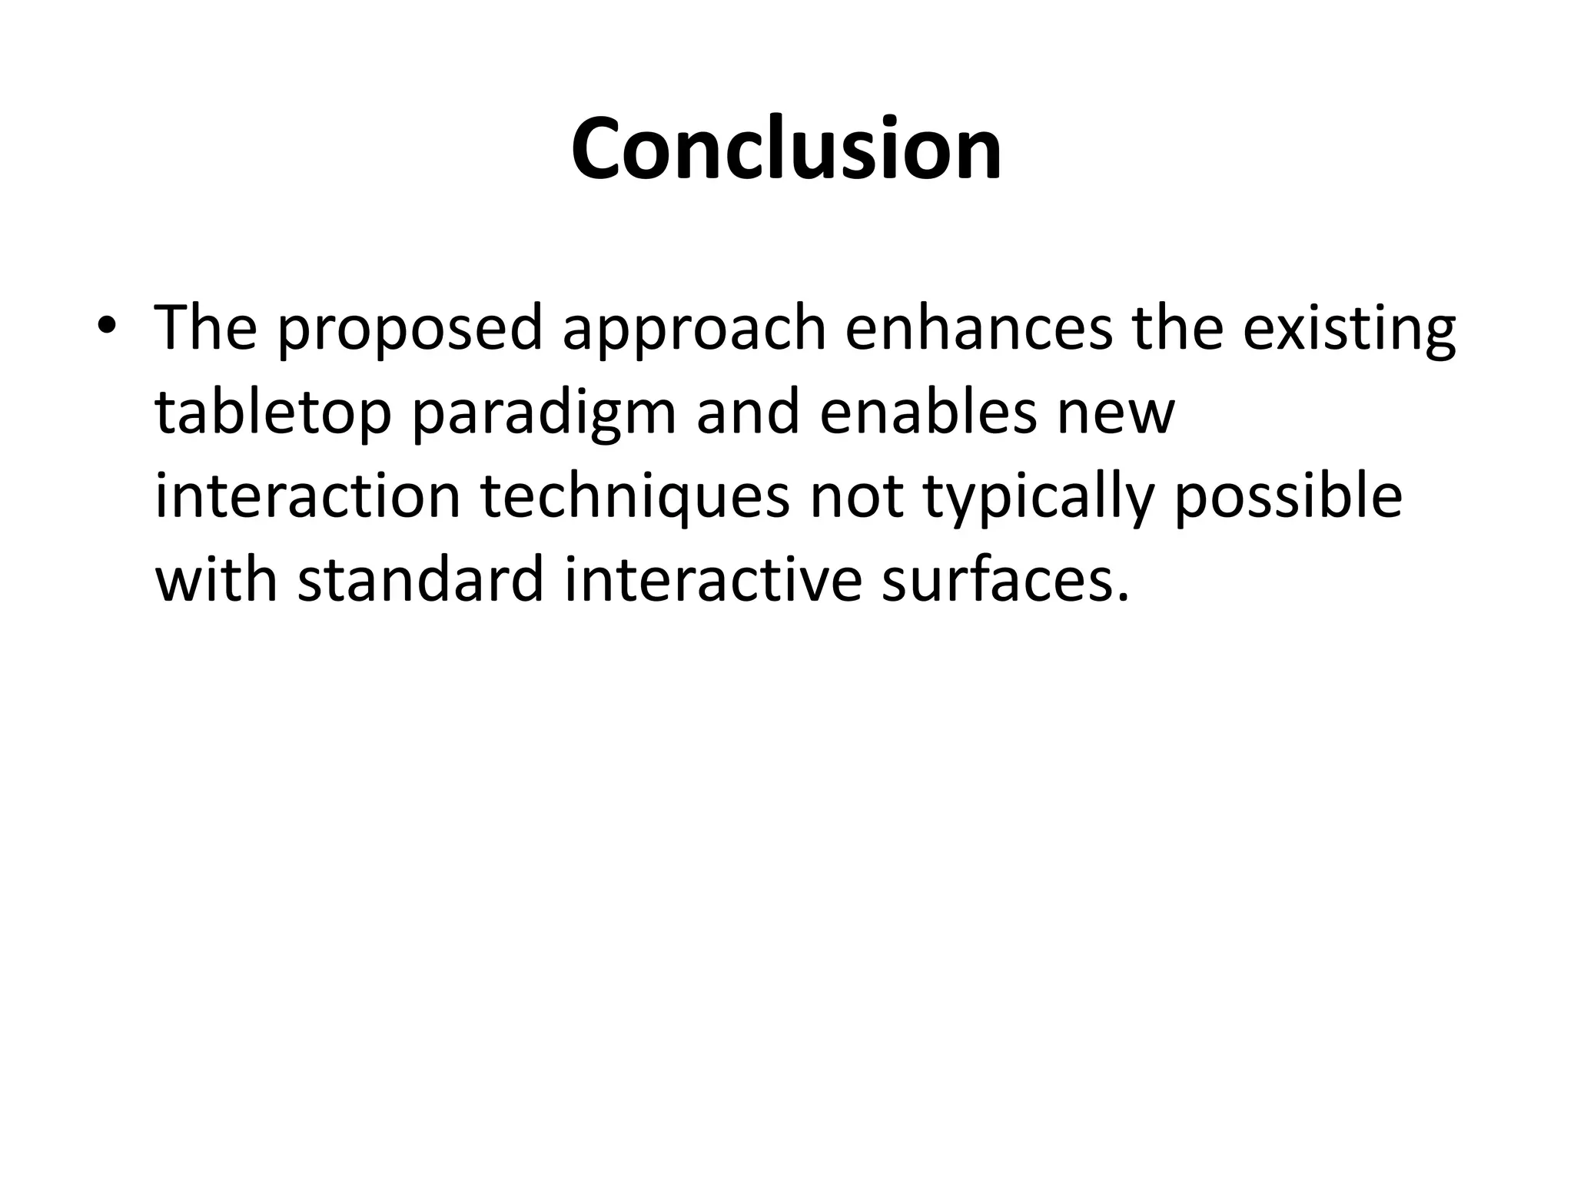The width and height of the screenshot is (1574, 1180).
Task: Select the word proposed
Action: pyautogui.click(x=409, y=329)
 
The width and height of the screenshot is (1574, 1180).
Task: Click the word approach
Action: pyautogui.click(x=694, y=329)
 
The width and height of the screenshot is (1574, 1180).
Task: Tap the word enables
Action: pyautogui.click(x=928, y=412)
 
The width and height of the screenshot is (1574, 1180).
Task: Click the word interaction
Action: pyautogui.click(x=307, y=496)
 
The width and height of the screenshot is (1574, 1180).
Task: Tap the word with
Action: pyautogui.click(x=216, y=579)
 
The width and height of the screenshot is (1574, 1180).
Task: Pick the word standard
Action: pyautogui.click(x=421, y=579)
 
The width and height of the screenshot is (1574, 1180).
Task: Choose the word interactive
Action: pyautogui.click(x=713, y=579)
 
